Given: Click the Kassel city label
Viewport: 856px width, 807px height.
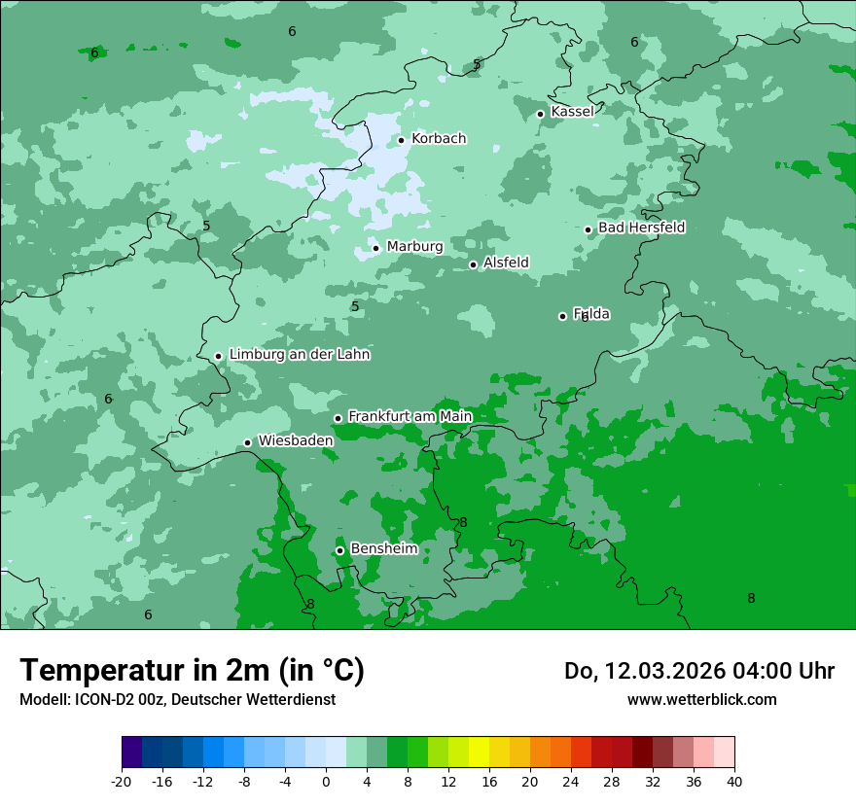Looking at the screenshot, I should pos(572,112).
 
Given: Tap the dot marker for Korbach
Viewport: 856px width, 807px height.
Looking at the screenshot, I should pos(401,140).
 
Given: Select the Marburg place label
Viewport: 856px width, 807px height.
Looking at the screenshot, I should pos(414,247).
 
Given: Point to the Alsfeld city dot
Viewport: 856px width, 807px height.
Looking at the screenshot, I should pos(474,264).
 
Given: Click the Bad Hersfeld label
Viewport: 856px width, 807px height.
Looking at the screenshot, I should pos(641,228).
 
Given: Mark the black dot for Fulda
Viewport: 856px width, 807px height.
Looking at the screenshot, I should pos(562,316).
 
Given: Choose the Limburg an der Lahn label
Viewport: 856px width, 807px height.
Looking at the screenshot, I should pos(299,355).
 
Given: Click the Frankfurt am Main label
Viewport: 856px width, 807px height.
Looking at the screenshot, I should pos(410,416).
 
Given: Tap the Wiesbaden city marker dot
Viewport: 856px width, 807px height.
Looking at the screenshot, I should pos(248,443).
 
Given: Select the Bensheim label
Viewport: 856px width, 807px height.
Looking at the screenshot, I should pos(383,548).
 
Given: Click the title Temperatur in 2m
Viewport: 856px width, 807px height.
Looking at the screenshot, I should pos(192,671).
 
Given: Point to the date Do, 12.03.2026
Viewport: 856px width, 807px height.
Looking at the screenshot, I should pos(643,671).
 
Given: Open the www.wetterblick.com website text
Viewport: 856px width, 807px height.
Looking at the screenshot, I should pos(701,699).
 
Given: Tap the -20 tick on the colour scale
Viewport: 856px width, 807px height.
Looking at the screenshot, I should pos(122,781).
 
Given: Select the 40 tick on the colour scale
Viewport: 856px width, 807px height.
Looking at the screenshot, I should pos(733,781).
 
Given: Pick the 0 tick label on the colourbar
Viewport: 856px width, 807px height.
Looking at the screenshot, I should pos(326,781).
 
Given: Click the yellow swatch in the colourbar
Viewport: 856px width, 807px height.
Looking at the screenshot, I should pos(479,753).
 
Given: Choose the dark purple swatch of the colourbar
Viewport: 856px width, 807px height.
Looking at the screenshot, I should pos(132,753).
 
